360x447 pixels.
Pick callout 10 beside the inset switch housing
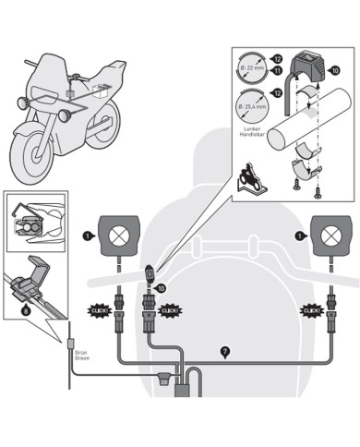click(x=334, y=70)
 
